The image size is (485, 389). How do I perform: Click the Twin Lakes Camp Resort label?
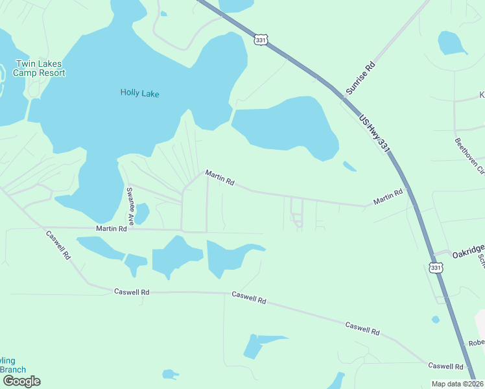click(40, 69)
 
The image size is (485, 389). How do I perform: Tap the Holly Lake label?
click(139, 93)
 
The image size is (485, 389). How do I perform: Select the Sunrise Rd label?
click(361, 78)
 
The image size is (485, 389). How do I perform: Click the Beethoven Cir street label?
click(469, 156)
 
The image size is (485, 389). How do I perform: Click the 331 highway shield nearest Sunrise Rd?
click(260, 40)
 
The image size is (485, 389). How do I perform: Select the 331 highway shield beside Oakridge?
click(436, 267)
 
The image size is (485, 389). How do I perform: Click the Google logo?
click(21, 381)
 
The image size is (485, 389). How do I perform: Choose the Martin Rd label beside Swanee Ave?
click(111, 229)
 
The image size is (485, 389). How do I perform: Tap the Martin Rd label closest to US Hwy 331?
click(388, 197)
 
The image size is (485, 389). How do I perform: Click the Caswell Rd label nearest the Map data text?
click(444, 366)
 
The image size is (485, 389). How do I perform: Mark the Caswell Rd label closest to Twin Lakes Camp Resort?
click(58, 244)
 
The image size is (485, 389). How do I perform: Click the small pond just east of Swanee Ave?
click(141, 213)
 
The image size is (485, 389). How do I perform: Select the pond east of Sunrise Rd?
click(452, 43)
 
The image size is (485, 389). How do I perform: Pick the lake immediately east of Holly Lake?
click(285, 127)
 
